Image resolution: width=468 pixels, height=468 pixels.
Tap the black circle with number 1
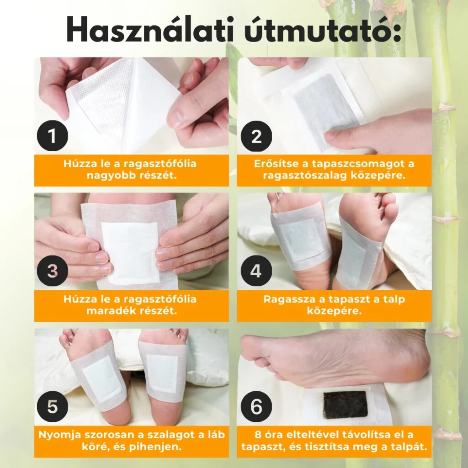click(x=53, y=136)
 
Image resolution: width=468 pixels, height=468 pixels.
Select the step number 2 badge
click(x=256, y=136)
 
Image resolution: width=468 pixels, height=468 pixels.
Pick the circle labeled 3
click(x=53, y=271)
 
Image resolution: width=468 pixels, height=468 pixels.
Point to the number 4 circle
click(x=256, y=271)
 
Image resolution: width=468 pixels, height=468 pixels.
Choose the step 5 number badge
click(x=53, y=406)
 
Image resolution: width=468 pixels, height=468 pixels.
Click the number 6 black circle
click(x=256, y=406)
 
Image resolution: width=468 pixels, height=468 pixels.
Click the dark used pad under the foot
click(x=346, y=404)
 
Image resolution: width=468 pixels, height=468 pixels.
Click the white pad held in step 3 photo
click(x=130, y=253)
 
